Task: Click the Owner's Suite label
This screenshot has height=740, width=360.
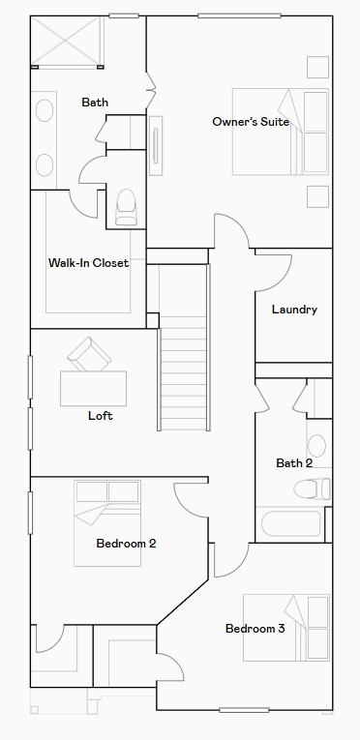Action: (x=251, y=121)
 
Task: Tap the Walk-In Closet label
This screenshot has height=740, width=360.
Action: (x=89, y=262)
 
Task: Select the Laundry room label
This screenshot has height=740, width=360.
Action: (x=294, y=310)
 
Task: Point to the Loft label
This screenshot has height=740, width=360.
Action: (x=101, y=416)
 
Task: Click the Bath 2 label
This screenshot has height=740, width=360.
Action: (x=294, y=463)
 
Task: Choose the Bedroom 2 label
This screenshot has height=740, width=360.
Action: (x=126, y=544)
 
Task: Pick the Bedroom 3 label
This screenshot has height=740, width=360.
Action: (x=255, y=629)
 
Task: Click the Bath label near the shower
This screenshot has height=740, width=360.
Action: (x=95, y=103)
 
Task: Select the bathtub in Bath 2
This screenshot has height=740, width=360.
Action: (x=290, y=524)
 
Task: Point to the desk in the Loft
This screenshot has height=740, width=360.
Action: (x=92, y=387)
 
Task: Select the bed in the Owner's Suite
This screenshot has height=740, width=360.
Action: (x=281, y=131)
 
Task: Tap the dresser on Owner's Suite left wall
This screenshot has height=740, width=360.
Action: (x=156, y=145)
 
